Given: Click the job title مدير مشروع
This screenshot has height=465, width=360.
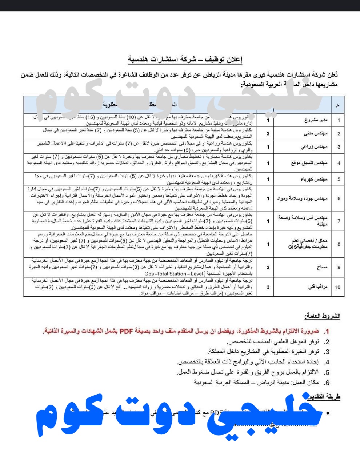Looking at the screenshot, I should click(316, 120).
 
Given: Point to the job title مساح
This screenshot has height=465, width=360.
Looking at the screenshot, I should click(322, 267).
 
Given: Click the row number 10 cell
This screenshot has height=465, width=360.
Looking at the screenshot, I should click(337, 287).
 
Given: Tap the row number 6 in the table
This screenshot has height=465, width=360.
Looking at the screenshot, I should click(339, 198).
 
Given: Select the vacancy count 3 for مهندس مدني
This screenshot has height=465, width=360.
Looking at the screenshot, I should click(268, 133).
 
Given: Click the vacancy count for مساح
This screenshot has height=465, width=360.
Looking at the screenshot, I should click(268, 267).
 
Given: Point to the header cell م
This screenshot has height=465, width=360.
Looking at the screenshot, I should click(338, 106).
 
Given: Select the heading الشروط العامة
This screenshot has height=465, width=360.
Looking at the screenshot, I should click(323, 316).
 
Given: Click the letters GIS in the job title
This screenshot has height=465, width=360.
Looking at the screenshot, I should click(288, 247).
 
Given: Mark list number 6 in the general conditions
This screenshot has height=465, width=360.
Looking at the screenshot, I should click(327, 383).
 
